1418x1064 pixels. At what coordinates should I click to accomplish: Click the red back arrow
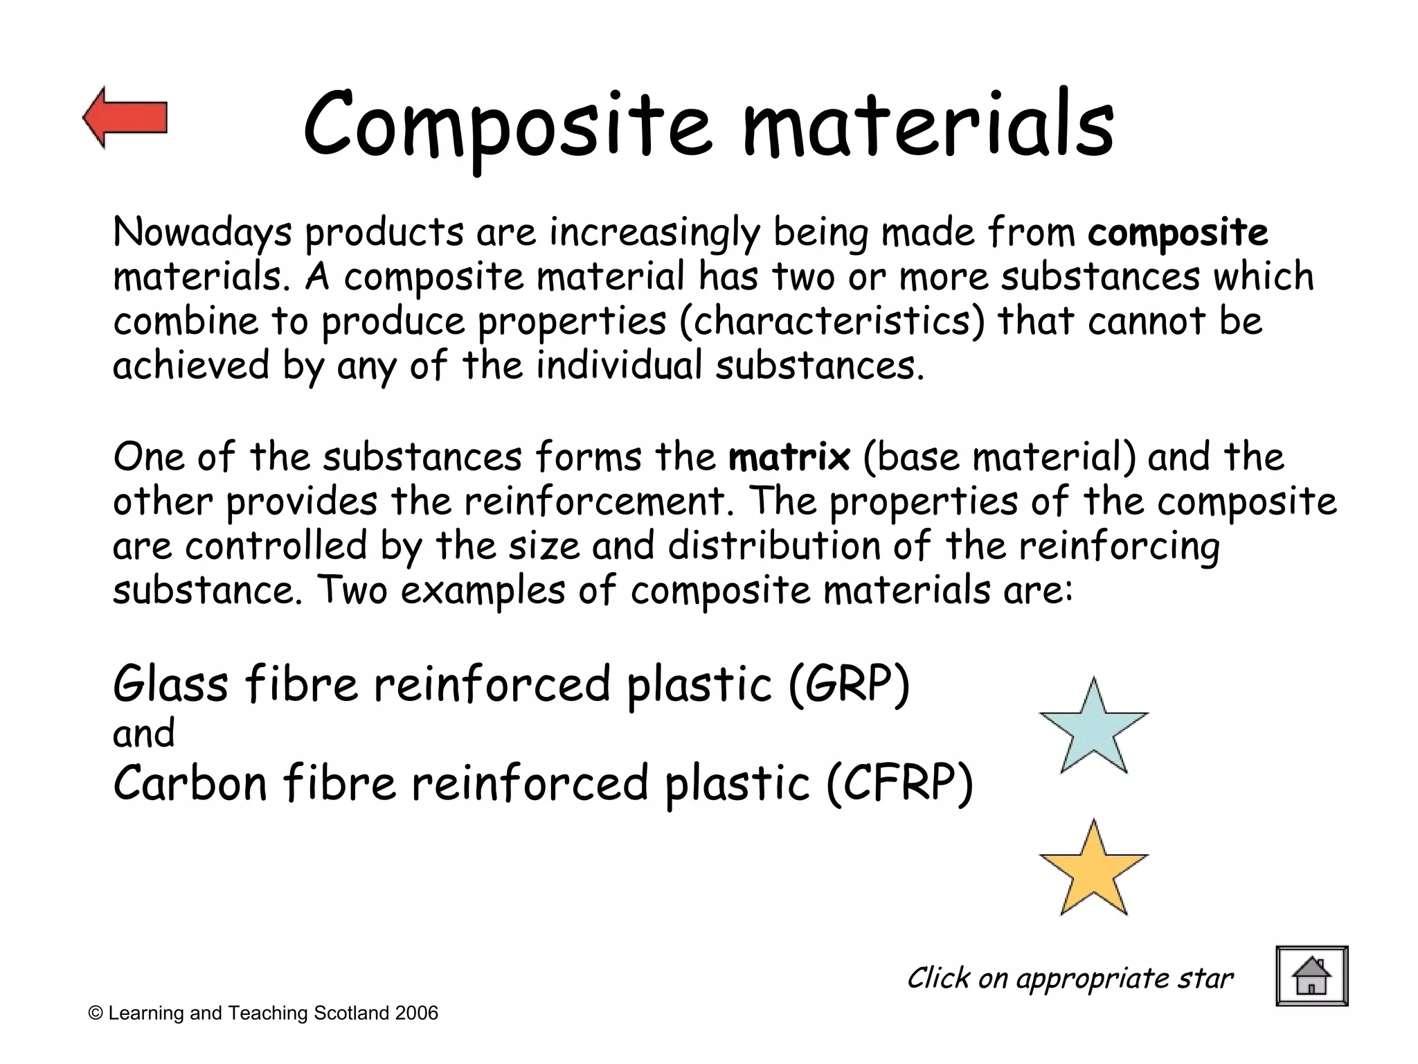pos(125,118)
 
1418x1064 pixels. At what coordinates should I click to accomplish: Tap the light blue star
pos(1093,729)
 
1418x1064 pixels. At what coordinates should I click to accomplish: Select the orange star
pos(1093,871)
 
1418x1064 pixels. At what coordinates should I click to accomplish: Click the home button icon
pos(1311,975)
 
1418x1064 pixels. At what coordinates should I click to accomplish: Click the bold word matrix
pos(789,456)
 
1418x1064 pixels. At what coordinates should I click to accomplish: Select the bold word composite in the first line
pos(1178,233)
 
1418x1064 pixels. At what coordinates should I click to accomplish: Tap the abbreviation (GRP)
pos(849,684)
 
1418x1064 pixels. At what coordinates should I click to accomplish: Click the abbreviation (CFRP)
pos(899,783)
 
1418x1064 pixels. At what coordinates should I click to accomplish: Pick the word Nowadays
pos(202,233)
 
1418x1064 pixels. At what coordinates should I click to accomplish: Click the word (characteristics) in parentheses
pos(832,321)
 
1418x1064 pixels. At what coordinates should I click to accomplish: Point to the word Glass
pos(170,684)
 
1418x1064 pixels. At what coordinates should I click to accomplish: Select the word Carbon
pos(190,783)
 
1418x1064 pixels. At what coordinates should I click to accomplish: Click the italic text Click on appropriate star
pos(1070,978)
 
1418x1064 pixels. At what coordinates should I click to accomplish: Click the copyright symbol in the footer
pos(96,1014)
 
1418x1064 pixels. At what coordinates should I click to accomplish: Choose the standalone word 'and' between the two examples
pos(143,734)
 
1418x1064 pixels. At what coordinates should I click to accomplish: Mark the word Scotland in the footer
pos(351,1013)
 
